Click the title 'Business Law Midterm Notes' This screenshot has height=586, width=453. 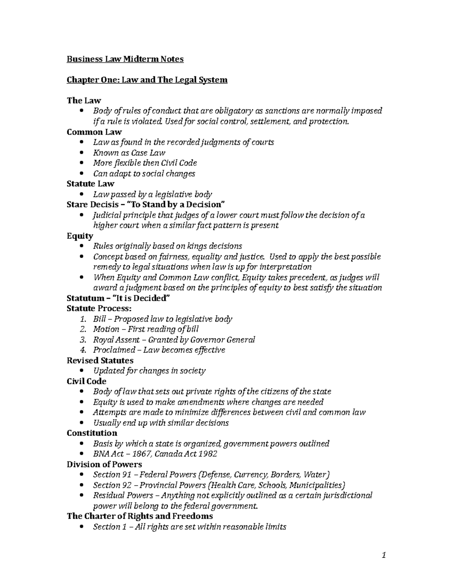125,59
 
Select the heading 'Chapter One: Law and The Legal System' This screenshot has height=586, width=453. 147,80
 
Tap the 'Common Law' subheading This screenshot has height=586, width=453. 94,132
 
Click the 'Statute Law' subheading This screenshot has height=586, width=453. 90,184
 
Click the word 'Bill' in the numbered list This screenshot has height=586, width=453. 100,319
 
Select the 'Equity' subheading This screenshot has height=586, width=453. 80,236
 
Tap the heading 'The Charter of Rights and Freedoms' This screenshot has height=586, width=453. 140,516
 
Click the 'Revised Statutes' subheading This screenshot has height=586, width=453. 100,360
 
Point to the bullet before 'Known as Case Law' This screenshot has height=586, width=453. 82,153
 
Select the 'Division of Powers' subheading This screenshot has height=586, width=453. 104,464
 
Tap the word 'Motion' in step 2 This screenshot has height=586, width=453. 106,329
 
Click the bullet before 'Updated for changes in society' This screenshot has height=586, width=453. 82,371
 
